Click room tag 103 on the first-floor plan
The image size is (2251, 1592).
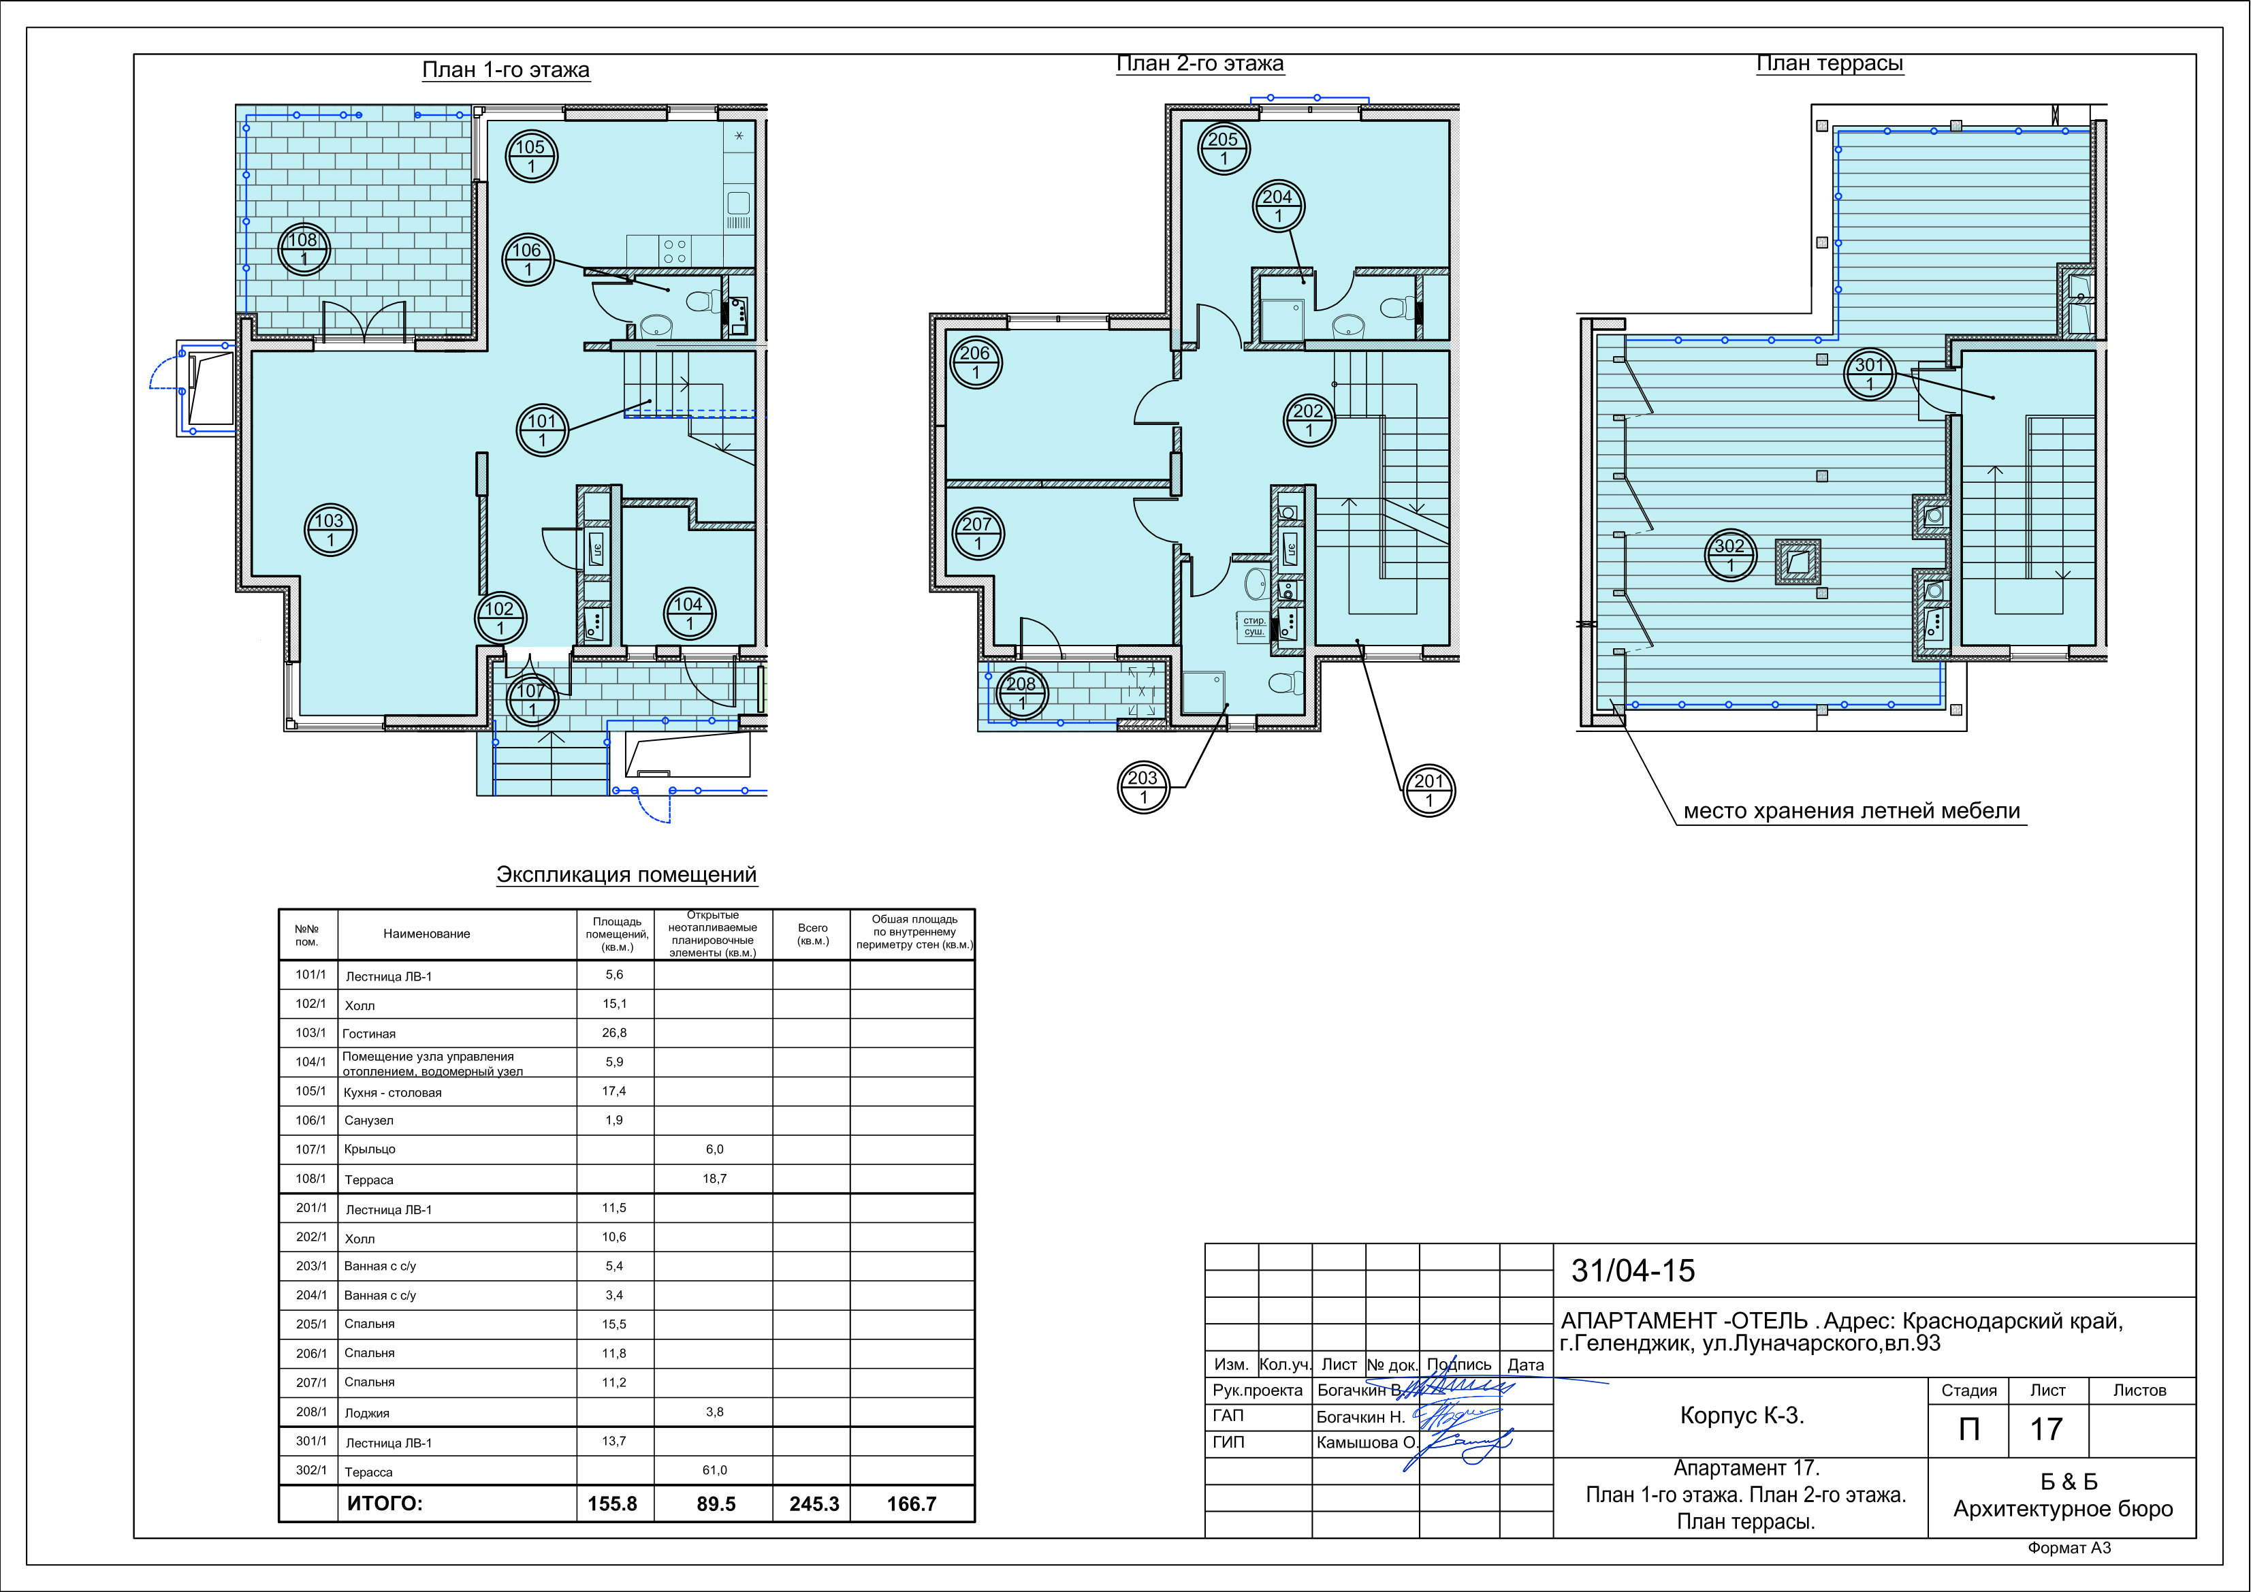point(330,530)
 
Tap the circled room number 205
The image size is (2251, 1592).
point(1224,149)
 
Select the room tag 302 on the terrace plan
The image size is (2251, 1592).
point(1730,556)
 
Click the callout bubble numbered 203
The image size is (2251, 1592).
point(1143,787)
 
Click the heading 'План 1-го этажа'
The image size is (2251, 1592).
point(506,69)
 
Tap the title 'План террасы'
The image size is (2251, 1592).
point(1830,64)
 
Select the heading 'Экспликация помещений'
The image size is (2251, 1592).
point(626,874)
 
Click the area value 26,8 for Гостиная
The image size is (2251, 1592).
point(615,1033)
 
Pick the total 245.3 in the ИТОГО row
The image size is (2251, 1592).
point(814,1503)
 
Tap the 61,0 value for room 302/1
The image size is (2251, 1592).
point(715,1470)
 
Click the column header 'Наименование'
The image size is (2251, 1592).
point(426,934)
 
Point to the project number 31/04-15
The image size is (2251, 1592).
point(1633,1271)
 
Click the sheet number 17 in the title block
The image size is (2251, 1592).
point(2047,1429)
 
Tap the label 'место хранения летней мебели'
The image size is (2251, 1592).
point(1852,812)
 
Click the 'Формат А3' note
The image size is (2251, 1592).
point(2069,1548)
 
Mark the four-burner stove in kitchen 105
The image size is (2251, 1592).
point(675,251)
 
